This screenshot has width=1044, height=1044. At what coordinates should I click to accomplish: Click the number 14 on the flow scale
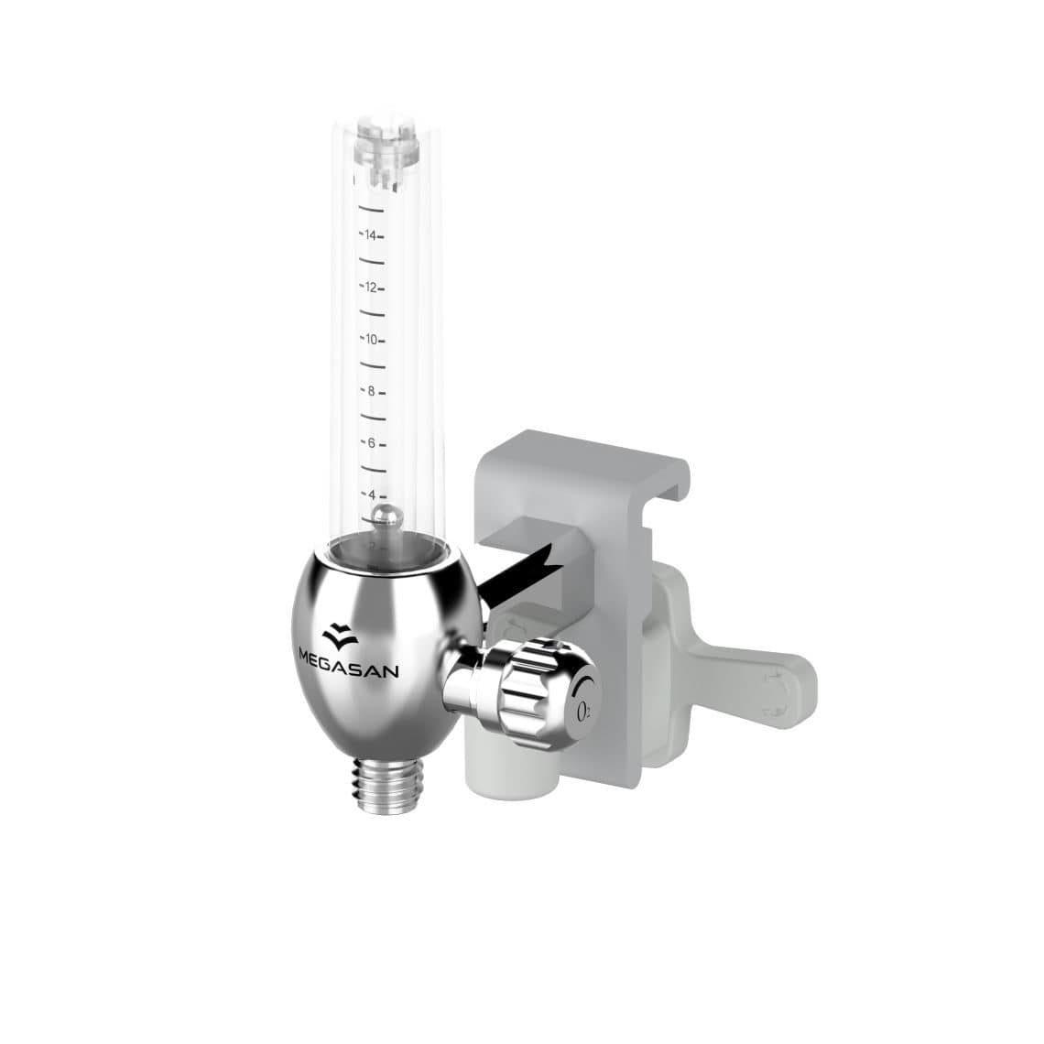coord(371,235)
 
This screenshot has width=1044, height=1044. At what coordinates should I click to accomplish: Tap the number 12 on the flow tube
coord(371,288)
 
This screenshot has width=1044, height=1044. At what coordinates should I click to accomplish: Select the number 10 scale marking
coord(371,340)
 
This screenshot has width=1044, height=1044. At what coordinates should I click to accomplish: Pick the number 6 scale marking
coord(371,443)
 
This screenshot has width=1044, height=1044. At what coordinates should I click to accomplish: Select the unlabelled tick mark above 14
coord(373,209)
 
